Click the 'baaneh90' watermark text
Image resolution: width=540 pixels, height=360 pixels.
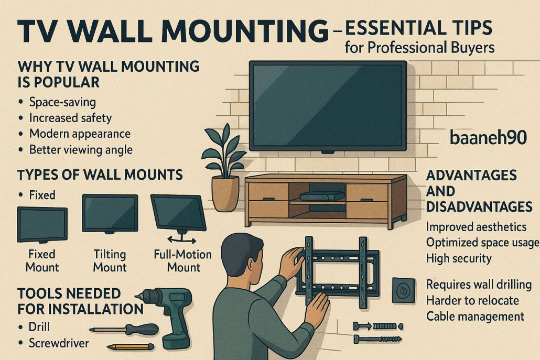click(488, 138)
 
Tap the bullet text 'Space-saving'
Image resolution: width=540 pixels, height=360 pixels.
click(62, 102)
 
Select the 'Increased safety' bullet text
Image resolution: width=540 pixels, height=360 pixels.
click(70, 118)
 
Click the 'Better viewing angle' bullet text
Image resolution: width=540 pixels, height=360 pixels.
click(81, 150)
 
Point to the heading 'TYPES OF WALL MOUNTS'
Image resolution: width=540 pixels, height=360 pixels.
click(100, 175)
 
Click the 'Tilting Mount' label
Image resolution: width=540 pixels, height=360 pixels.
click(110, 260)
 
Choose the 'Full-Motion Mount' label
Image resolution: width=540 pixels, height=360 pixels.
click(183, 260)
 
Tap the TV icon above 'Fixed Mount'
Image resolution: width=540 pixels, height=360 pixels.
click(42, 225)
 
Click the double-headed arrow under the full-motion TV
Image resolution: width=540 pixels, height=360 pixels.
click(181, 240)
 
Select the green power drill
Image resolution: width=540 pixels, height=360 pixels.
click(168, 315)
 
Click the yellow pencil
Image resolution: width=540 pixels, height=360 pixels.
click(131, 346)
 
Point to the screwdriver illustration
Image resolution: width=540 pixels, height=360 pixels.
click(124, 330)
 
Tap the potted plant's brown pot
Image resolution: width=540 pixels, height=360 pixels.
click(225, 193)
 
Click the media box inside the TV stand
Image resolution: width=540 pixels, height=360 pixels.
click(322, 196)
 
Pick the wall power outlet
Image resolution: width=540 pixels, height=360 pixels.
click(403, 290)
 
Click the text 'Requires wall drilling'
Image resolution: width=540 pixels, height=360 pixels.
click(479, 285)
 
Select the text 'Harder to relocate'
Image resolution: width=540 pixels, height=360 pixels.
click(472, 300)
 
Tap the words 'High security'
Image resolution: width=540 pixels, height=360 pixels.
click(459, 258)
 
